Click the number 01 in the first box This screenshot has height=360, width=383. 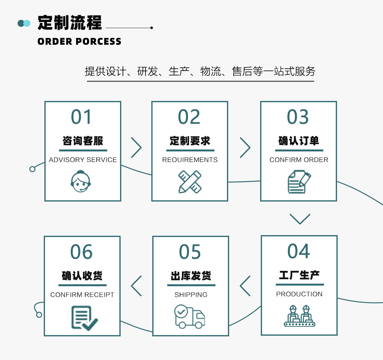click(x=81, y=117)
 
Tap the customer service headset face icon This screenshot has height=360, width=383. click(x=81, y=181)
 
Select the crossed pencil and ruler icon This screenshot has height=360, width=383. click(x=190, y=181)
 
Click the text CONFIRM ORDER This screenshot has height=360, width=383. click(x=299, y=160)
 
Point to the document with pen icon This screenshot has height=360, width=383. click(x=299, y=181)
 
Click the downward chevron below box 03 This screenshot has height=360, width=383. click(x=300, y=219)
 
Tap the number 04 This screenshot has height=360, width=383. click(x=299, y=251)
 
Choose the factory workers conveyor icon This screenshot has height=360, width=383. click(x=300, y=316)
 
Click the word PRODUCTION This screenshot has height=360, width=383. click(x=299, y=294)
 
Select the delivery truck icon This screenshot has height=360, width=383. click(x=190, y=317)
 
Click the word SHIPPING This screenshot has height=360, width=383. click(x=191, y=295)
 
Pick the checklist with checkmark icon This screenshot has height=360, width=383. click(x=84, y=318)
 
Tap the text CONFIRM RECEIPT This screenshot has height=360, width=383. click(x=82, y=295)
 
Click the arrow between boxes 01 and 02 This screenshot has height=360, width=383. click(x=136, y=148)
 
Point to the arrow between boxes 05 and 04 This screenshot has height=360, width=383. click(x=245, y=286)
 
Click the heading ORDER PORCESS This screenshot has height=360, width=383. click(x=79, y=42)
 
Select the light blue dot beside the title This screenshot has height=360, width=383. click(x=27, y=23)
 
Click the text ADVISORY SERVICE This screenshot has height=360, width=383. click(x=83, y=160)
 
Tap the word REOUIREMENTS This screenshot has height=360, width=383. click(x=190, y=160)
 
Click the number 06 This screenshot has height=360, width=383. click(x=81, y=252)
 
